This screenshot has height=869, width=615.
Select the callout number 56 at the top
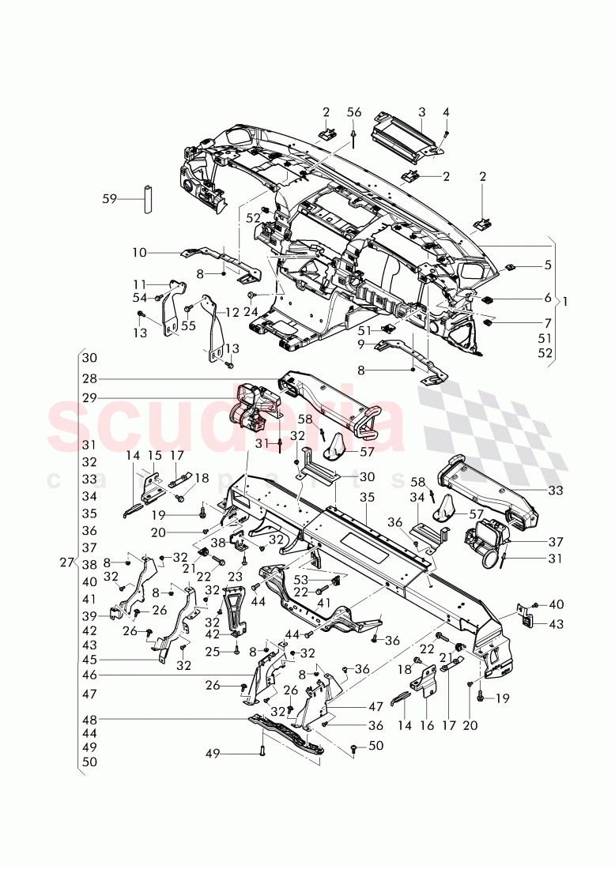353,113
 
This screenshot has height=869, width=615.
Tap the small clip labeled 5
512,265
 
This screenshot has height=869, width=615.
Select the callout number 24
251,311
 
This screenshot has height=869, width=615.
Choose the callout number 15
154,456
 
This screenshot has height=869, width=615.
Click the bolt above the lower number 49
262,750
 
